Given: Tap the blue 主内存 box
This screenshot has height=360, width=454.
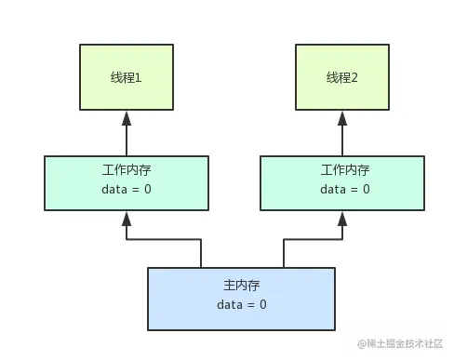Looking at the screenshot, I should pyautogui.click(x=241, y=298).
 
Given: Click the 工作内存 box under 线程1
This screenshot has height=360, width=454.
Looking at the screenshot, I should pyautogui.click(x=126, y=181).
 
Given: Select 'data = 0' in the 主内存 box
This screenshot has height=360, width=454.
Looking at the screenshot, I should pyautogui.click(x=241, y=305).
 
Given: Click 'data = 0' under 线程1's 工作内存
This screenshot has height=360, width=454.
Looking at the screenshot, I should pyautogui.click(x=127, y=190).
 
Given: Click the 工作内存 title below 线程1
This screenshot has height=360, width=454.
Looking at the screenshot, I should pyautogui.click(x=125, y=171).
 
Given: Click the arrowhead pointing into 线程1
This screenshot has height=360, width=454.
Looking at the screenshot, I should pyautogui.click(x=126, y=118).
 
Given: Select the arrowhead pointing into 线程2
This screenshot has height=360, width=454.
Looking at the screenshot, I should pyautogui.click(x=342, y=118).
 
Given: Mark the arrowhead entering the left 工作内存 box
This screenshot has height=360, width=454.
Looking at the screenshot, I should pyautogui.click(x=126, y=220).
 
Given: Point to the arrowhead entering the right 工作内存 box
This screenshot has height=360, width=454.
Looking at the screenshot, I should pyautogui.click(x=342, y=220).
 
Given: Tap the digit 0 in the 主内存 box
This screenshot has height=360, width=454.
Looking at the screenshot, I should pyautogui.click(x=262, y=305).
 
